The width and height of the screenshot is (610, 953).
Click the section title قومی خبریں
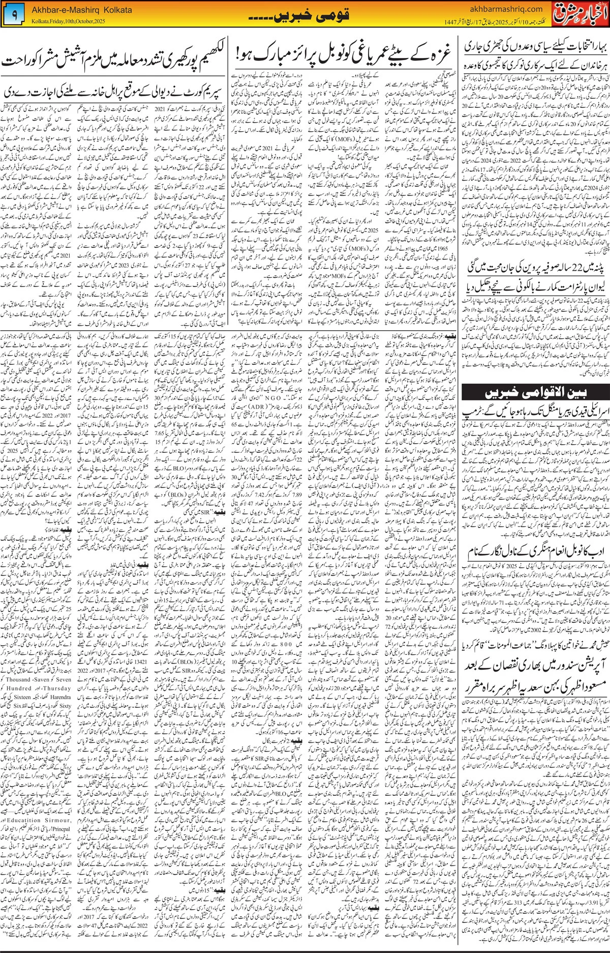pos(304,16)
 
